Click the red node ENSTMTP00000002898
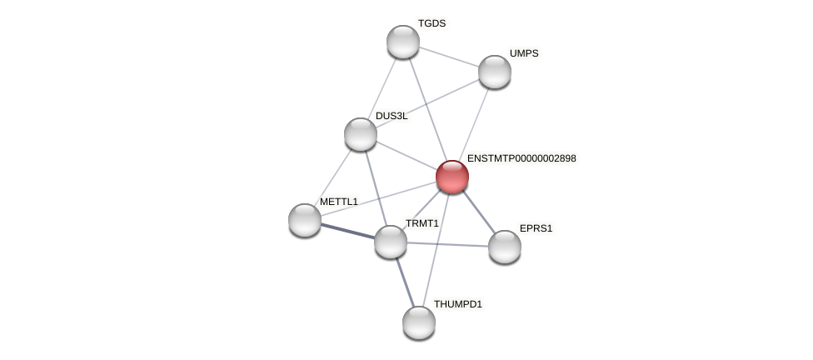pos(452,177)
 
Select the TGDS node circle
pos(403,42)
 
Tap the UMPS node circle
pos(495,72)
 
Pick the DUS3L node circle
pos(361,134)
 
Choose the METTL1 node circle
pos(305,220)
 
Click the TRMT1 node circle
pos(391,242)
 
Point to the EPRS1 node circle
pos(505,247)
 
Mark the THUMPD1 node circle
pos(419,322)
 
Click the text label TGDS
pos(431,23)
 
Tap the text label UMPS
pos(524,53)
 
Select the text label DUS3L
pos(392,116)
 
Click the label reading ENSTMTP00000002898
pos(521,158)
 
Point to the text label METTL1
pos(338,202)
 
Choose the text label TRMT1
pos(421,223)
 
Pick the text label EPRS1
pos(536,228)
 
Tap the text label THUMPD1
pos(457,304)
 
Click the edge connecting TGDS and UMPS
pos(449,57)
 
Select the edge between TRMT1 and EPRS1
pos(447,244)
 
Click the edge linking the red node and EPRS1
pos(478,211)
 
